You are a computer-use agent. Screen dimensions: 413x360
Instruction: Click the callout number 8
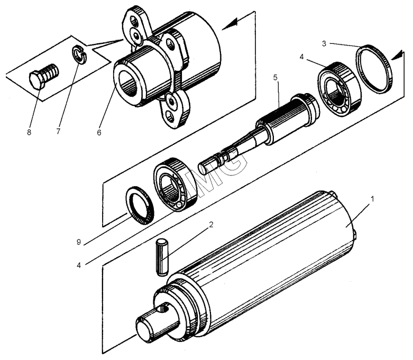tap(29, 132)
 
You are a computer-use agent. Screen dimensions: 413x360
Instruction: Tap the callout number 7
tap(58, 132)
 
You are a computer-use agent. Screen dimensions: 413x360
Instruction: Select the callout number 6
tap(99, 133)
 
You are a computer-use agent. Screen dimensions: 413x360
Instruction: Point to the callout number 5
tap(276, 78)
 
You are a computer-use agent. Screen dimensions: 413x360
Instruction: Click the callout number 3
tap(324, 44)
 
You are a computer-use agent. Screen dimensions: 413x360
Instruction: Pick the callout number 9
tap(78, 242)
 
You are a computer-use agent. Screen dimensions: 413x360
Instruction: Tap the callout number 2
tap(211, 225)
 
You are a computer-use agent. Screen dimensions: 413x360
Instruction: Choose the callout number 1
tap(372, 199)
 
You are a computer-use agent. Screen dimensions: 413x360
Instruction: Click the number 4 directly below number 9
tap(79, 265)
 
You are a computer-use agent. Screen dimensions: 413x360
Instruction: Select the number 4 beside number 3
tap(302, 57)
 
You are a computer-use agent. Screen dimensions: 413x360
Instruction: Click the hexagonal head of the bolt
tap(36, 80)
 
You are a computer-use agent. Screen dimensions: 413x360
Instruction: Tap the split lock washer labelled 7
tap(78, 54)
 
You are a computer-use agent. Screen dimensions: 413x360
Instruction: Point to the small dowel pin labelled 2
tap(162, 257)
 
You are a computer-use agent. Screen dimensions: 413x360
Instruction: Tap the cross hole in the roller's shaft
tap(164, 309)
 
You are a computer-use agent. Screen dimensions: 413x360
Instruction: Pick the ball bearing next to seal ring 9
tap(175, 184)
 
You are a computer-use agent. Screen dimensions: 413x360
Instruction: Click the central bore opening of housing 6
tap(128, 84)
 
